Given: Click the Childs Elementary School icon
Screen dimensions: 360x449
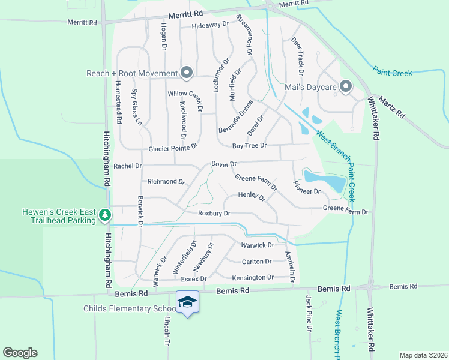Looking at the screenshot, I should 187,301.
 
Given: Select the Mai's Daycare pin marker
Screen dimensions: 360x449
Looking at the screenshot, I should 345,87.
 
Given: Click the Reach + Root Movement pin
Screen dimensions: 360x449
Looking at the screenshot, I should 186,73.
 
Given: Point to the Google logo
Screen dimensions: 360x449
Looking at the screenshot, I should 20,353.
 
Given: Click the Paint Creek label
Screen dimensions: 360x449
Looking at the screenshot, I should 392,72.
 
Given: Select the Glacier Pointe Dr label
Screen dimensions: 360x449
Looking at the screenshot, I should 173,148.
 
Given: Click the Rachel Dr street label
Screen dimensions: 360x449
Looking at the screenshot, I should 127,166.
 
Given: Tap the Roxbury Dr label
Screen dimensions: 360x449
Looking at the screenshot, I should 214,213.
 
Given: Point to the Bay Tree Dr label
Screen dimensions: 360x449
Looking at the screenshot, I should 249,146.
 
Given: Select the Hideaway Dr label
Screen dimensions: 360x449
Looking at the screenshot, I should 211,25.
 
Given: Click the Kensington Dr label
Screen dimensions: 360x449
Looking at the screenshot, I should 253,277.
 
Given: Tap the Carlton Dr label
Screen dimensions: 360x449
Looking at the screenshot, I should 256,262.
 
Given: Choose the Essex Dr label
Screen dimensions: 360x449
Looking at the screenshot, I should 193,279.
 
